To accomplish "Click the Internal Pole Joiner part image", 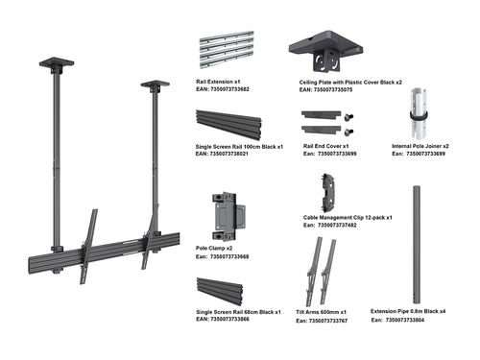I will point(420,113).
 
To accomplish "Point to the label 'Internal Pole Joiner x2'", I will point(420,146).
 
